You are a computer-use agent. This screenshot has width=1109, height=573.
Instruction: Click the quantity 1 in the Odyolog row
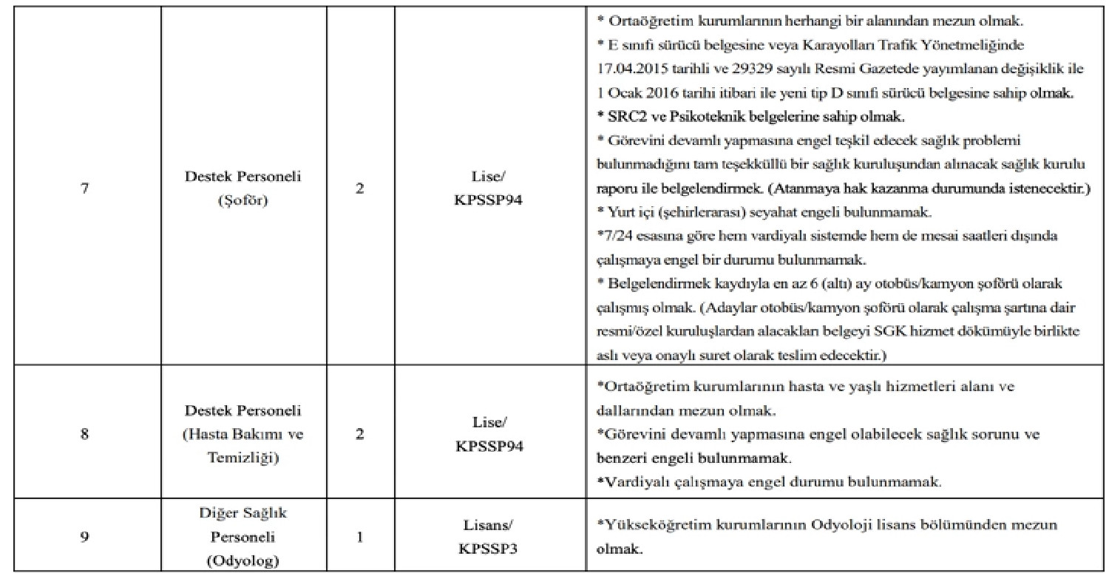(x=360, y=537)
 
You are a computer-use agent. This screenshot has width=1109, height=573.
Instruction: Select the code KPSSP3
(x=489, y=549)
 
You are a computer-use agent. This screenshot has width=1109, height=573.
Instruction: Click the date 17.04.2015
(x=629, y=71)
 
